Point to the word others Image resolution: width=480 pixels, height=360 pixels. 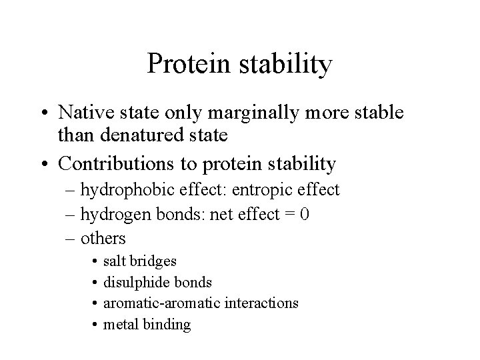(103, 238)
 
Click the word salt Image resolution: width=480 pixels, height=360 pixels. (113, 261)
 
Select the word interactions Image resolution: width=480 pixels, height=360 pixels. (261, 303)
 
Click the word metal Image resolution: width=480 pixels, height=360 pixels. (118, 325)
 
